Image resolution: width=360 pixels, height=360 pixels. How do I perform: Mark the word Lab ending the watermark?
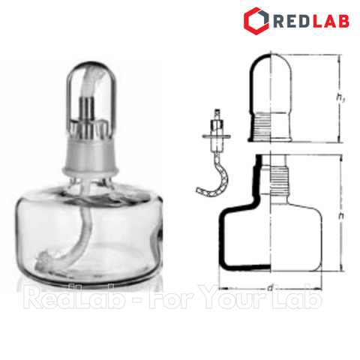tap(300, 300)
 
